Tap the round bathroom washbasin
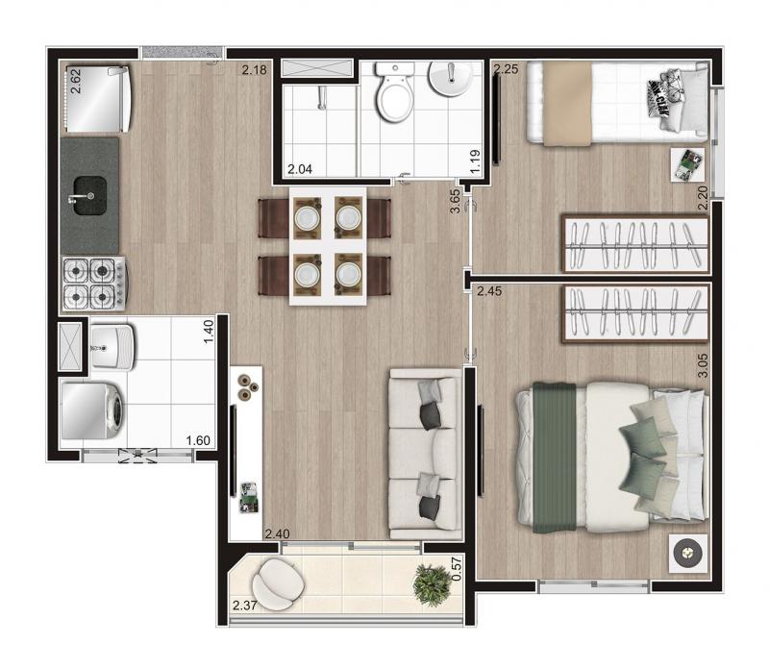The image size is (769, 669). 451,78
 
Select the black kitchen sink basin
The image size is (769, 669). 90,196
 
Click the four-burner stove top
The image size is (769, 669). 93,284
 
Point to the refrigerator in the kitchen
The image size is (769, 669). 98,100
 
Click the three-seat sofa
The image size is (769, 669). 426,454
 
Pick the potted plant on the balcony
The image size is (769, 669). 432,584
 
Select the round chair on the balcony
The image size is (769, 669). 278,584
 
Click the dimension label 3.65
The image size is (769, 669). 455,201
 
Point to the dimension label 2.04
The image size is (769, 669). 300,169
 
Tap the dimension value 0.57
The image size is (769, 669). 457,568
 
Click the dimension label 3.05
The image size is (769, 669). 703,365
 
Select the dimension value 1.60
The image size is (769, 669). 198,440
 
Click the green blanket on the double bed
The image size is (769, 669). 555,458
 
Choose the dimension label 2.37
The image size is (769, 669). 245,606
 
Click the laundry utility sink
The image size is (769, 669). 112,347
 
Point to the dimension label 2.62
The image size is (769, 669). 76,81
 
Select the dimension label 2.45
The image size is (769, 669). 489,291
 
